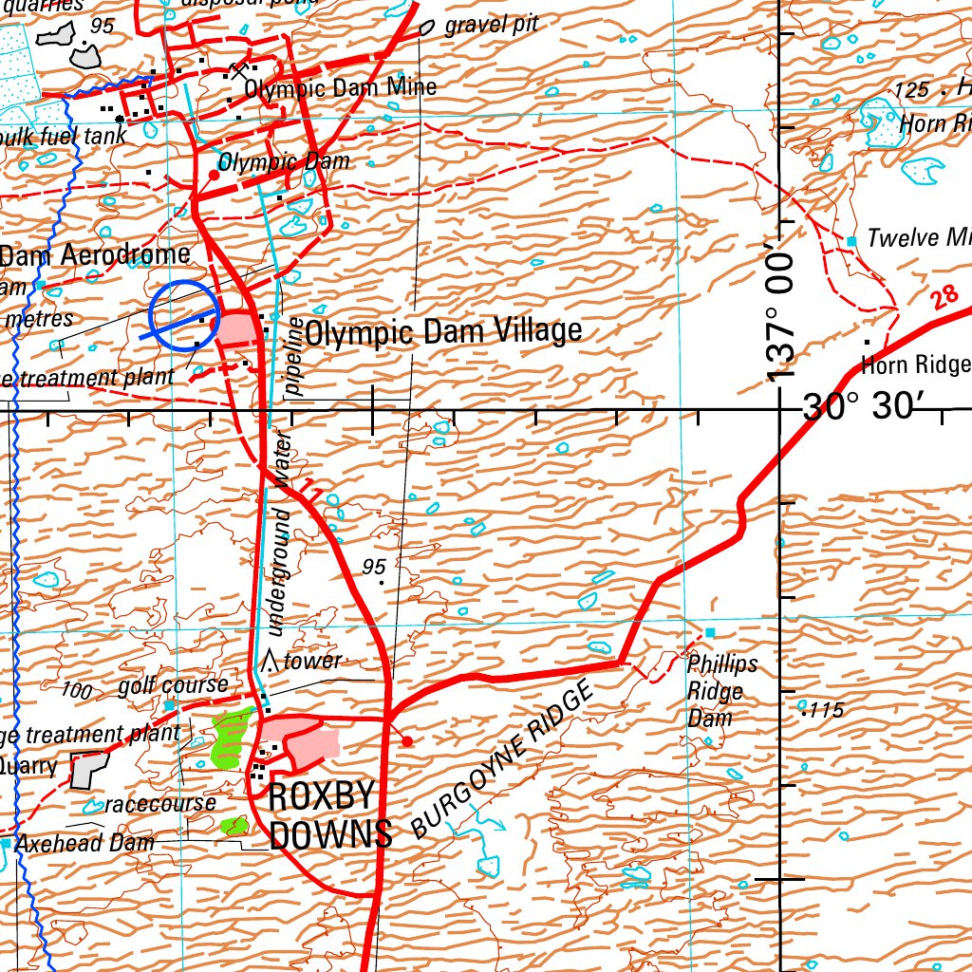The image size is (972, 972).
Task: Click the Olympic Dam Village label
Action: pos(443,332)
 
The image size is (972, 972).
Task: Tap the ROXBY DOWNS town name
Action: pos(330,816)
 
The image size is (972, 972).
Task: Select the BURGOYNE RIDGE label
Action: pos(504,764)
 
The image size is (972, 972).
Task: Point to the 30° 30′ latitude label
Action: pos(865,407)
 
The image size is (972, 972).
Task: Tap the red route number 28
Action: pos(944,297)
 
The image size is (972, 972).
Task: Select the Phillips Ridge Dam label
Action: pos(722,690)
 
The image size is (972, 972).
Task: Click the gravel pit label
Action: pos(491,26)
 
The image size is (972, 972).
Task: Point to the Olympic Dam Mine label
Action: pos(341,88)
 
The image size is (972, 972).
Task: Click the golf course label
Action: pos(173,685)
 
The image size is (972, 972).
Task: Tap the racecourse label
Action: pos(160,804)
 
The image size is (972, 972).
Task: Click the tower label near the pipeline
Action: pos(312,662)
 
